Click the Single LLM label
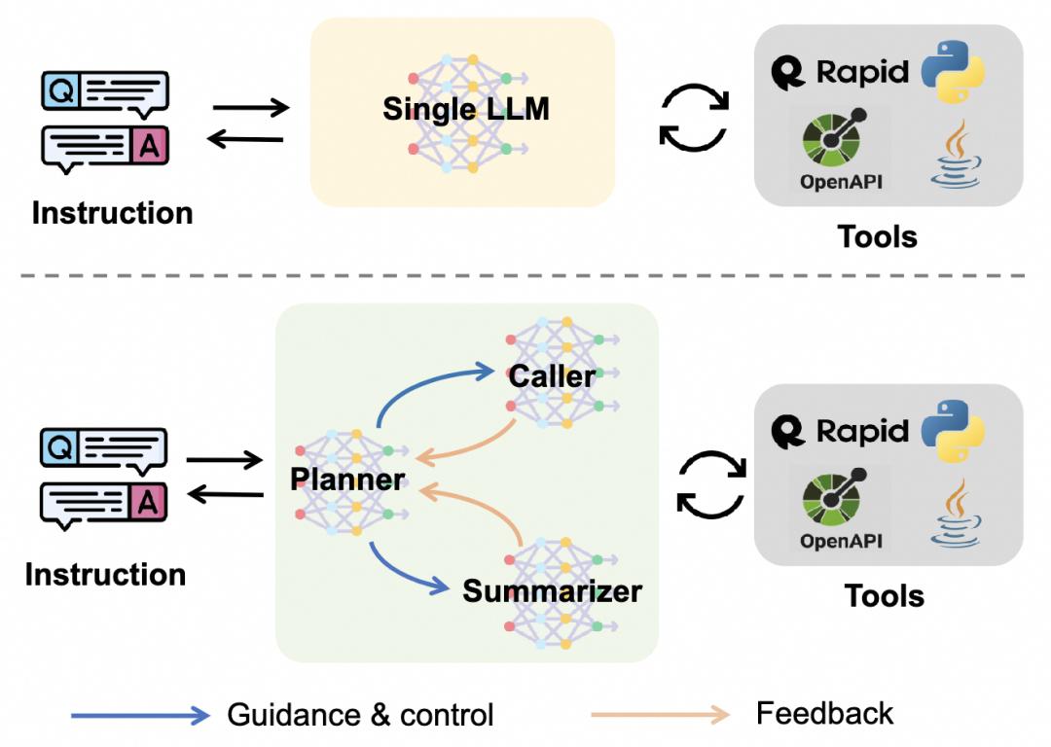pos(466,109)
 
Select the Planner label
pos(347,479)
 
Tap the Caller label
pos(552,375)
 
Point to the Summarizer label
pos(553,591)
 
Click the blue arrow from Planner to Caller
pos(429,382)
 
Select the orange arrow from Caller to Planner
pos(469,445)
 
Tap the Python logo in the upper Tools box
pos(953,72)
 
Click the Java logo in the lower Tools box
pos(956,514)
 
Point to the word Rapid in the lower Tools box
pos(862,431)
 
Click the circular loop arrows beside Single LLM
pos(694,118)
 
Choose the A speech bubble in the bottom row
pos(103,506)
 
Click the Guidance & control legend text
pos(360,715)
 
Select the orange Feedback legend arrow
pos(660,715)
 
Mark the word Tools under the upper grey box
pos(878,236)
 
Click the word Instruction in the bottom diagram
pos(105,574)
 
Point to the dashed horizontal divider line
pos(523,275)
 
